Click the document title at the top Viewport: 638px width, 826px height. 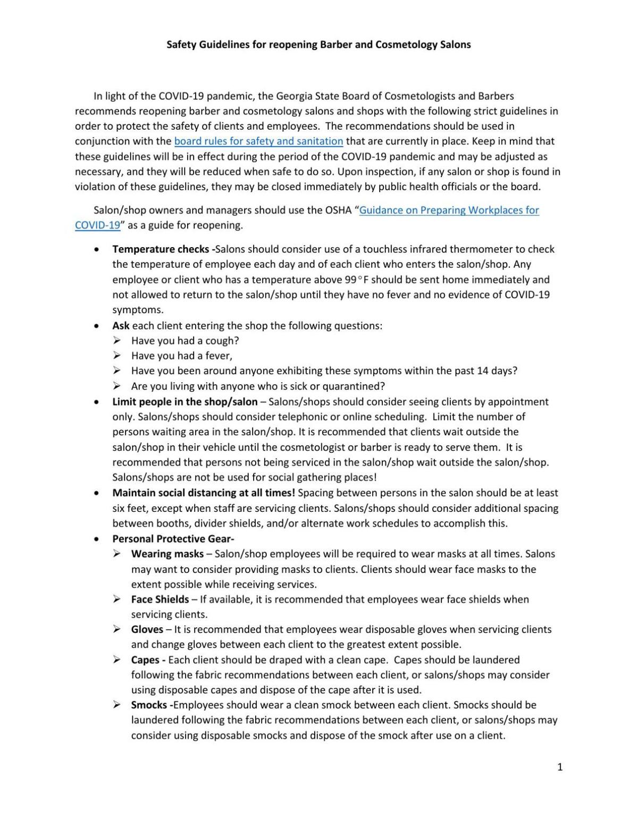[x=318, y=45]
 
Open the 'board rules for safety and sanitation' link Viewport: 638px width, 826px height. [x=258, y=141]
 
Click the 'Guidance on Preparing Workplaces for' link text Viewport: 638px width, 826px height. [x=449, y=210]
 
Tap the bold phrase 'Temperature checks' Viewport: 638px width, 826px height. [x=162, y=249]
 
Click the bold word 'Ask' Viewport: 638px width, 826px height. [x=121, y=325]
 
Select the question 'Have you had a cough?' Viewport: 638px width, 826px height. [x=185, y=341]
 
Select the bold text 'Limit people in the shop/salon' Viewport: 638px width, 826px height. [x=185, y=402]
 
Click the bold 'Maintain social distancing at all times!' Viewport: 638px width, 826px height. [x=204, y=493]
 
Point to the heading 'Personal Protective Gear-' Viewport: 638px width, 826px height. [x=173, y=538]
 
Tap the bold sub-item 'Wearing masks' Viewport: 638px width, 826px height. [x=167, y=554]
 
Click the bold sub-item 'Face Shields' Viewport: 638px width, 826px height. [x=160, y=599]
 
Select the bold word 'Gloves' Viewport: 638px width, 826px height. [x=147, y=629]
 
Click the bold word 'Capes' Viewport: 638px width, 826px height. [x=146, y=660]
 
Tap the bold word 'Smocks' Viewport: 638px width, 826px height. [x=150, y=705]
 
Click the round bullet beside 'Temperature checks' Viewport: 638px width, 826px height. [x=96, y=249]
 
